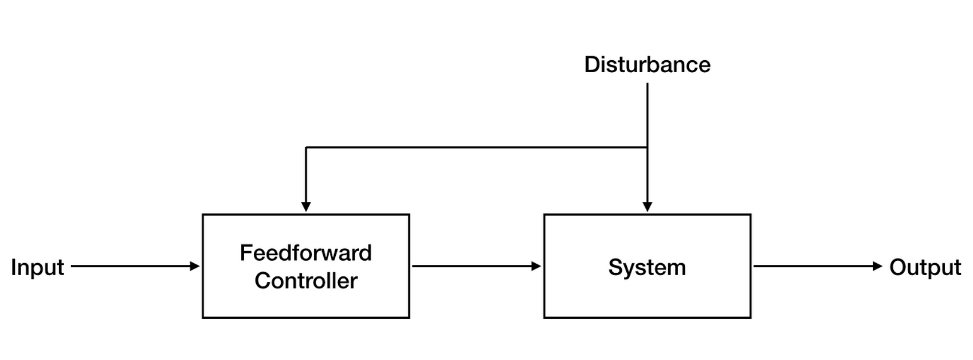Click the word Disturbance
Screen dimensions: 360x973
point(647,64)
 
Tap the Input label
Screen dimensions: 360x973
point(37,267)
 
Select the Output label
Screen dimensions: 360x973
point(925,267)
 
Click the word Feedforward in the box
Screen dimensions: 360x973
point(305,253)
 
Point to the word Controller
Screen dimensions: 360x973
point(305,280)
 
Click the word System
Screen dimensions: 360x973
point(647,267)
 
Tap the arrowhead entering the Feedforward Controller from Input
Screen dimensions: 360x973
point(195,266)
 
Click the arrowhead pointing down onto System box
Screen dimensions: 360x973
point(648,206)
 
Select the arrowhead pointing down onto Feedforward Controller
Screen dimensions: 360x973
point(306,206)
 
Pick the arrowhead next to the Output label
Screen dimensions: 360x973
point(877,266)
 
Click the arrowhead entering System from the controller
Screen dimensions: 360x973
point(536,266)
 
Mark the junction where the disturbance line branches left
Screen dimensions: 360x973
point(648,147)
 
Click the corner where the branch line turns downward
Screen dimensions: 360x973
point(306,147)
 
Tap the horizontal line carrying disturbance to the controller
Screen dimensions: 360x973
point(476,147)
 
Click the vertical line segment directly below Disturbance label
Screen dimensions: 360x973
point(648,115)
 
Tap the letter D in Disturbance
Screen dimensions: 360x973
point(591,64)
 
